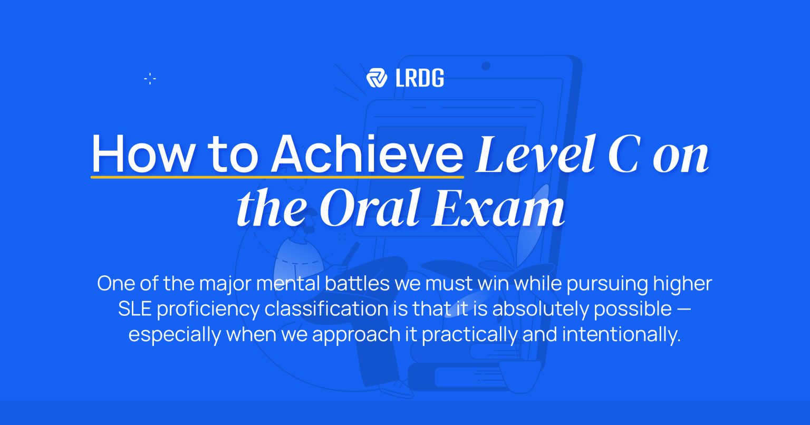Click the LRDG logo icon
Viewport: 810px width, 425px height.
coord(377,78)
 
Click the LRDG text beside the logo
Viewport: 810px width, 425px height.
coord(420,78)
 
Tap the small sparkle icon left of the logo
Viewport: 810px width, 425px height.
coord(150,79)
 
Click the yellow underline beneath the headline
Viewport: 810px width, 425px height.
coord(277,176)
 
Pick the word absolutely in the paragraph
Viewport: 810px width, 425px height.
coord(532,309)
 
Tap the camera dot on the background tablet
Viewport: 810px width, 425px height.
coord(486,66)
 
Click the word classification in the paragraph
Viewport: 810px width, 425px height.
coord(326,309)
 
